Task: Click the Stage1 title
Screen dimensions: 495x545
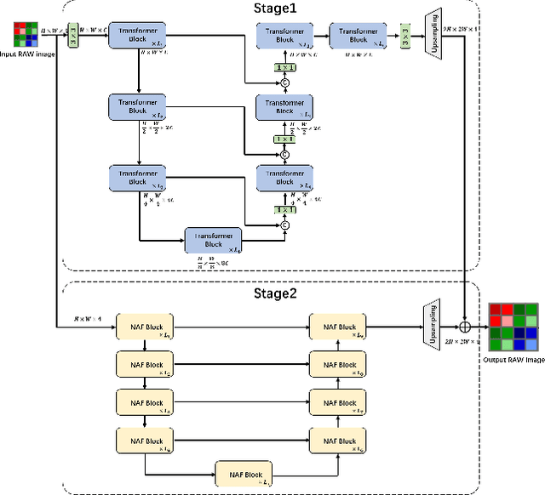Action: pyautogui.click(x=272, y=9)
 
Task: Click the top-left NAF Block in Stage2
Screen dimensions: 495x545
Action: pyautogui.click(x=146, y=327)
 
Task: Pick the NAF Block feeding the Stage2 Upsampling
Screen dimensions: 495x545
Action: pyautogui.click(x=337, y=327)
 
